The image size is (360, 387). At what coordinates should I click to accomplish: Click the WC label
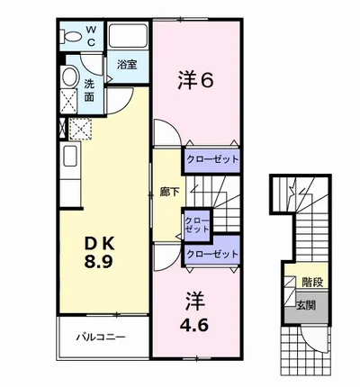click(x=91, y=36)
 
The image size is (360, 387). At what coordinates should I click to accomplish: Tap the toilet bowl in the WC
click(x=71, y=37)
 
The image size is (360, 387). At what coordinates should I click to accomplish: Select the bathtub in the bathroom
click(x=128, y=36)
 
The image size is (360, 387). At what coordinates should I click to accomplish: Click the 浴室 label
click(x=127, y=65)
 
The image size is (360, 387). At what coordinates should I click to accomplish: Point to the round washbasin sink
click(x=70, y=76)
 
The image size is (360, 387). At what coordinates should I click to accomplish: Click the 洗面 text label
click(x=89, y=90)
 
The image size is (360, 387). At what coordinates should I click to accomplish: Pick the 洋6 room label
click(x=195, y=80)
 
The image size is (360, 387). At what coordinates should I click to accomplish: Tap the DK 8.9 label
click(x=99, y=253)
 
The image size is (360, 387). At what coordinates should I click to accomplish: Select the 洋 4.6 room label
click(x=194, y=312)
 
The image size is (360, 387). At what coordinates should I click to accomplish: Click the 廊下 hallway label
click(x=169, y=192)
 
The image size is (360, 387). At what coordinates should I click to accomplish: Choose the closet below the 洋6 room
click(x=212, y=159)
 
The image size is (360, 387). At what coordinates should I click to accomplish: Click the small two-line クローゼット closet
click(x=197, y=225)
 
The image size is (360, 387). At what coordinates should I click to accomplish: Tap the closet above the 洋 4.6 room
click(x=212, y=254)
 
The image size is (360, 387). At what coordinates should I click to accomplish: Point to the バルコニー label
click(x=101, y=337)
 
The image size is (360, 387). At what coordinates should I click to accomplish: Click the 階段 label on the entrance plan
click(x=312, y=283)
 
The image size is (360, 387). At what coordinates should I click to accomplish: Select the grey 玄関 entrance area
click(x=306, y=307)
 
